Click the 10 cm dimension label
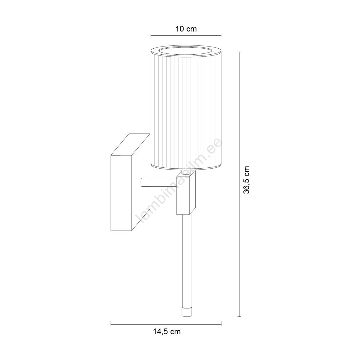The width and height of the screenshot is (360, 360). click(186, 29)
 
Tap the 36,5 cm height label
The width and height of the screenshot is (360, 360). click(246, 180)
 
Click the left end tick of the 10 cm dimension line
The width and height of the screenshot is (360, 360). click(151, 36)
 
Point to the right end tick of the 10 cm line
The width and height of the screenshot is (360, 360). click(221, 36)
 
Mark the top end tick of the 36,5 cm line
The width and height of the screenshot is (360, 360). click(239, 52)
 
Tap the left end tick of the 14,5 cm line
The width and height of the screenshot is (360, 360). click(111, 324)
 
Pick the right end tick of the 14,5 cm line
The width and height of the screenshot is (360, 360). click(221, 324)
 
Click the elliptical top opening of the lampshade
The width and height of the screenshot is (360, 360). click(186, 51)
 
